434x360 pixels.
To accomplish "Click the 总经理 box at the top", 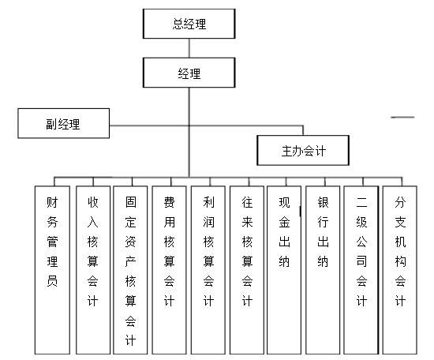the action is pyautogui.click(x=189, y=24).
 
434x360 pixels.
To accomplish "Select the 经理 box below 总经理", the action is pyautogui.click(x=189, y=73).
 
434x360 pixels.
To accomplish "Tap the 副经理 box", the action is pyautogui.click(x=64, y=123).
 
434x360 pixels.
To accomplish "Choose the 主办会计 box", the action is pyautogui.click(x=303, y=150).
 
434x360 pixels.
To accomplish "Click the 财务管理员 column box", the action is pyautogui.click(x=52, y=270).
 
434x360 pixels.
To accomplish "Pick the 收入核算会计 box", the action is pyautogui.click(x=93, y=270).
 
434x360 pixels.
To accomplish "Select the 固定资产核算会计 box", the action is pyautogui.click(x=130, y=270).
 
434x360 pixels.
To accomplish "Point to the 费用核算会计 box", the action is pyautogui.click(x=169, y=270).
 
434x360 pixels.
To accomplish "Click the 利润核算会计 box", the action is pyautogui.click(x=208, y=270).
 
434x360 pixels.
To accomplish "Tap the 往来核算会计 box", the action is pyautogui.click(x=247, y=270).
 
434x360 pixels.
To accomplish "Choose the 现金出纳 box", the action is pyautogui.click(x=284, y=270).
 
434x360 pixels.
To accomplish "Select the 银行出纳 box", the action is pyautogui.click(x=323, y=270).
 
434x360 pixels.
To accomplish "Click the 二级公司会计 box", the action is pyautogui.click(x=361, y=270).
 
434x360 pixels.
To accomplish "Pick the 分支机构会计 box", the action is pyautogui.click(x=400, y=270).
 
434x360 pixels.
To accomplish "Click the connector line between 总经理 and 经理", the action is pyautogui.click(x=189, y=48).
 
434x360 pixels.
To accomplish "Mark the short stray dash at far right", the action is pyautogui.click(x=402, y=117).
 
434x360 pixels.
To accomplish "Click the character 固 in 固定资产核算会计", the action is pyautogui.click(x=131, y=202).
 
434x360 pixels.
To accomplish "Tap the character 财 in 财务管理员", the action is pyautogui.click(x=52, y=202).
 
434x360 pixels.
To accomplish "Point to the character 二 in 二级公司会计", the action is pyautogui.click(x=361, y=202).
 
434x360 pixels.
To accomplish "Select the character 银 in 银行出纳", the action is pyautogui.click(x=323, y=202).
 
